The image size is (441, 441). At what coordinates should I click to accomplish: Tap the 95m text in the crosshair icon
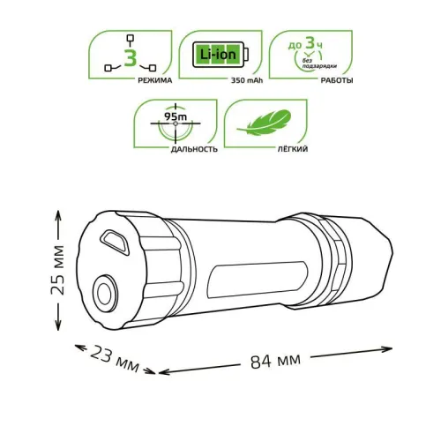173,115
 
